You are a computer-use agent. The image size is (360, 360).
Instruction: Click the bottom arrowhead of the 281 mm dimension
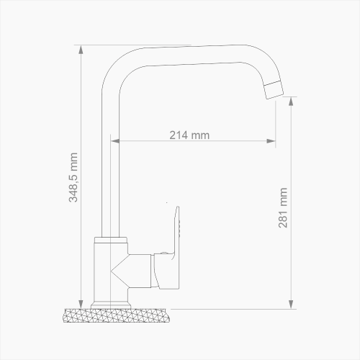click(x=291, y=302)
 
